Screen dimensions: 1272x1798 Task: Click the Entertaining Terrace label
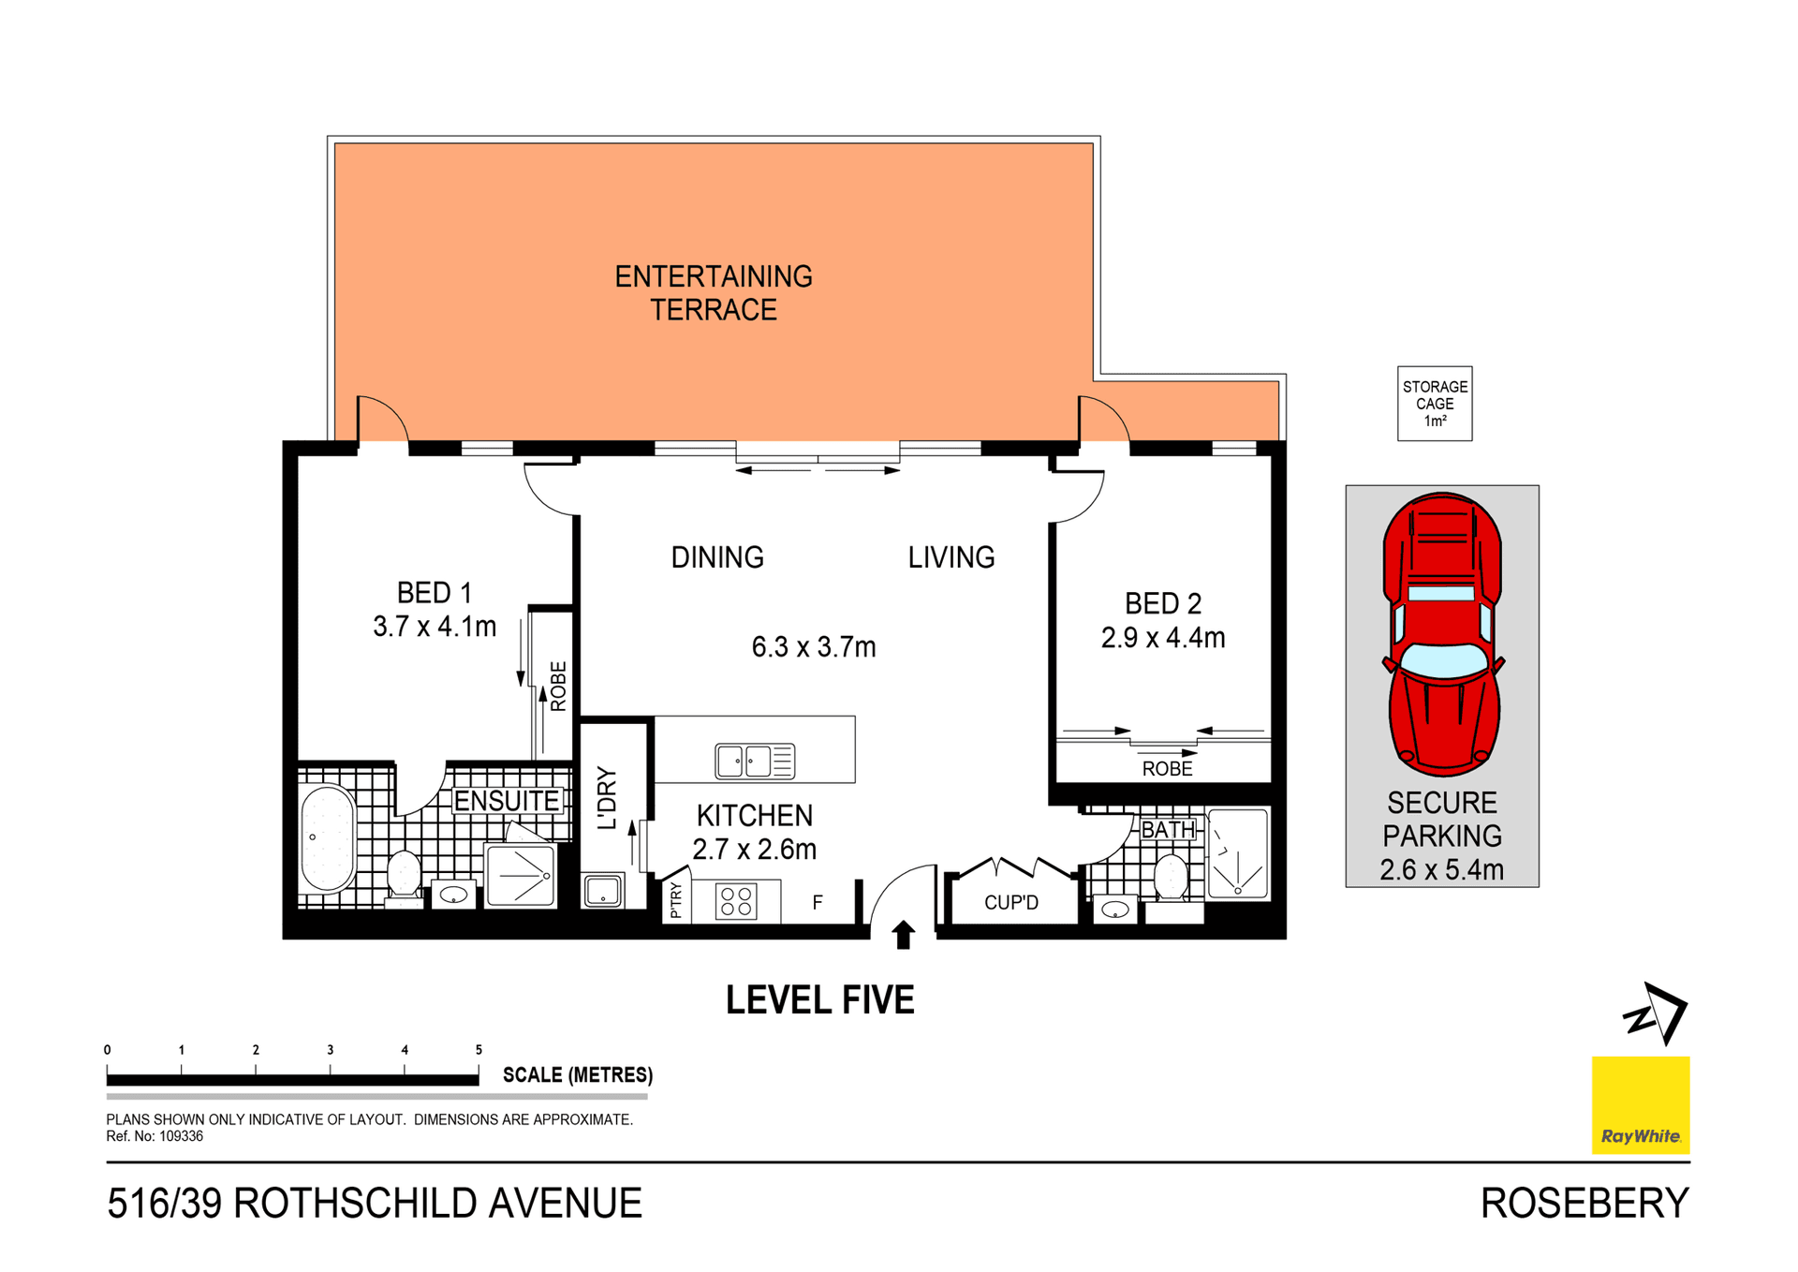(x=714, y=293)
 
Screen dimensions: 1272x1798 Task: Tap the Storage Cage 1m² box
(x=1434, y=404)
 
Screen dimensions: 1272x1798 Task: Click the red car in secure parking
(x=1442, y=634)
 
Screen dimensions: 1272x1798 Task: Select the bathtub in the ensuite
(x=327, y=838)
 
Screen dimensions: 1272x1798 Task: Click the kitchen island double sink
(x=755, y=761)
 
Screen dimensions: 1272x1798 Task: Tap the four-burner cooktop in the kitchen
(x=736, y=902)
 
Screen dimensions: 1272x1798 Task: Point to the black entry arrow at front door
(x=903, y=935)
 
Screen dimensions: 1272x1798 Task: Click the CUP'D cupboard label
(x=1010, y=903)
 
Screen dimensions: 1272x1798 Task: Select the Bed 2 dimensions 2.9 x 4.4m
(x=1162, y=638)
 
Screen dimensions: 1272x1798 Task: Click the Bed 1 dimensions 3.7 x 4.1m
(x=435, y=627)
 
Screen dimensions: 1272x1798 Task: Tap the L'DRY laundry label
(x=608, y=798)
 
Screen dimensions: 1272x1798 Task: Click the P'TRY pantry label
(x=676, y=901)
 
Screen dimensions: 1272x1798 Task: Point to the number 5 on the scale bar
(x=479, y=1050)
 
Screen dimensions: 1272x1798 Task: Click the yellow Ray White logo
(x=1640, y=1104)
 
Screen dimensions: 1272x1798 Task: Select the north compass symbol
(x=1656, y=1013)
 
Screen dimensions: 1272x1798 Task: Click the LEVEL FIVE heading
(x=819, y=1000)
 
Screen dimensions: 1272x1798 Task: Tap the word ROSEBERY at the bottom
(x=1584, y=1204)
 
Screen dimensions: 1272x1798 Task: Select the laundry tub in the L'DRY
(x=602, y=891)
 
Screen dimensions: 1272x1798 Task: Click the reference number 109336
(x=180, y=1136)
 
